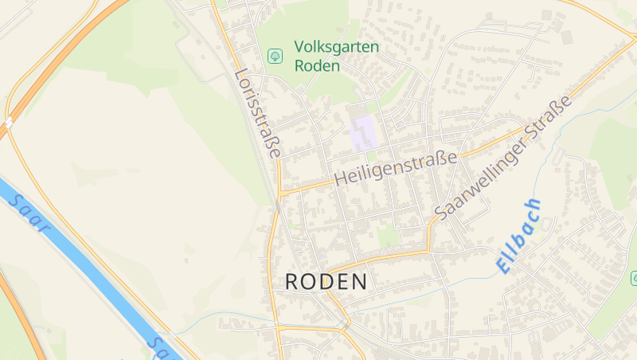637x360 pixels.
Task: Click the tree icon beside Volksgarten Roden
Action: (x=276, y=56)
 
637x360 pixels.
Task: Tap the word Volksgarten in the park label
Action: (x=337, y=47)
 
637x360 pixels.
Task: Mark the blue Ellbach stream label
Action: (x=519, y=237)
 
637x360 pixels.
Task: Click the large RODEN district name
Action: (x=326, y=281)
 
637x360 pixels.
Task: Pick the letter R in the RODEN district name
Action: (x=292, y=281)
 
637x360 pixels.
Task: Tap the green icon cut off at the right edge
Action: (x=634, y=277)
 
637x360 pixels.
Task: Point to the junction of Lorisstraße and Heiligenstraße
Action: (x=280, y=194)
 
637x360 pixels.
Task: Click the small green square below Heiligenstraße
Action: (x=388, y=235)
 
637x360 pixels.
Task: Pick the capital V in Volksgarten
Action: (x=299, y=47)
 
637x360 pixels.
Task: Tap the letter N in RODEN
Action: (x=361, y=281)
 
